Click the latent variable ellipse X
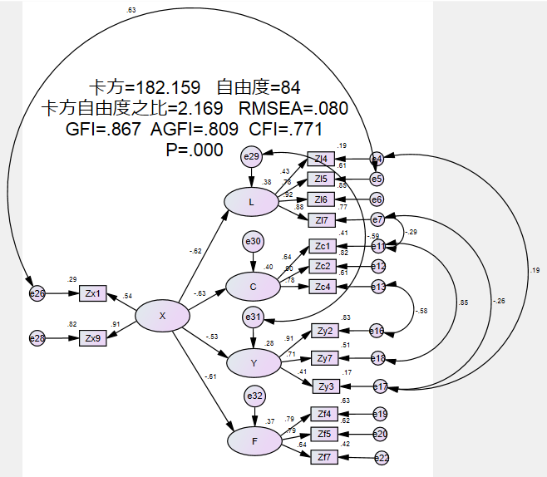click(162, 315)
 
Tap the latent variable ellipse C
click(252, 288)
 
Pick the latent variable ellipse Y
click(252, 363)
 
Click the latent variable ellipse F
click(253, 441)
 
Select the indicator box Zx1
click(93, 293)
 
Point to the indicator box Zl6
click(321, 199)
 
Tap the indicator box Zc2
click(323, 266)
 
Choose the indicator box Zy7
click(325, 359)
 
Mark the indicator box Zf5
click(323, 434)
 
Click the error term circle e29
click(251, 156)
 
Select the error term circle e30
click(252, 242)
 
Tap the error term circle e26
click(37, 293)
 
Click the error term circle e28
click(37, 338)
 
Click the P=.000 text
click(195, 150)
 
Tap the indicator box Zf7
click(323, 455)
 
